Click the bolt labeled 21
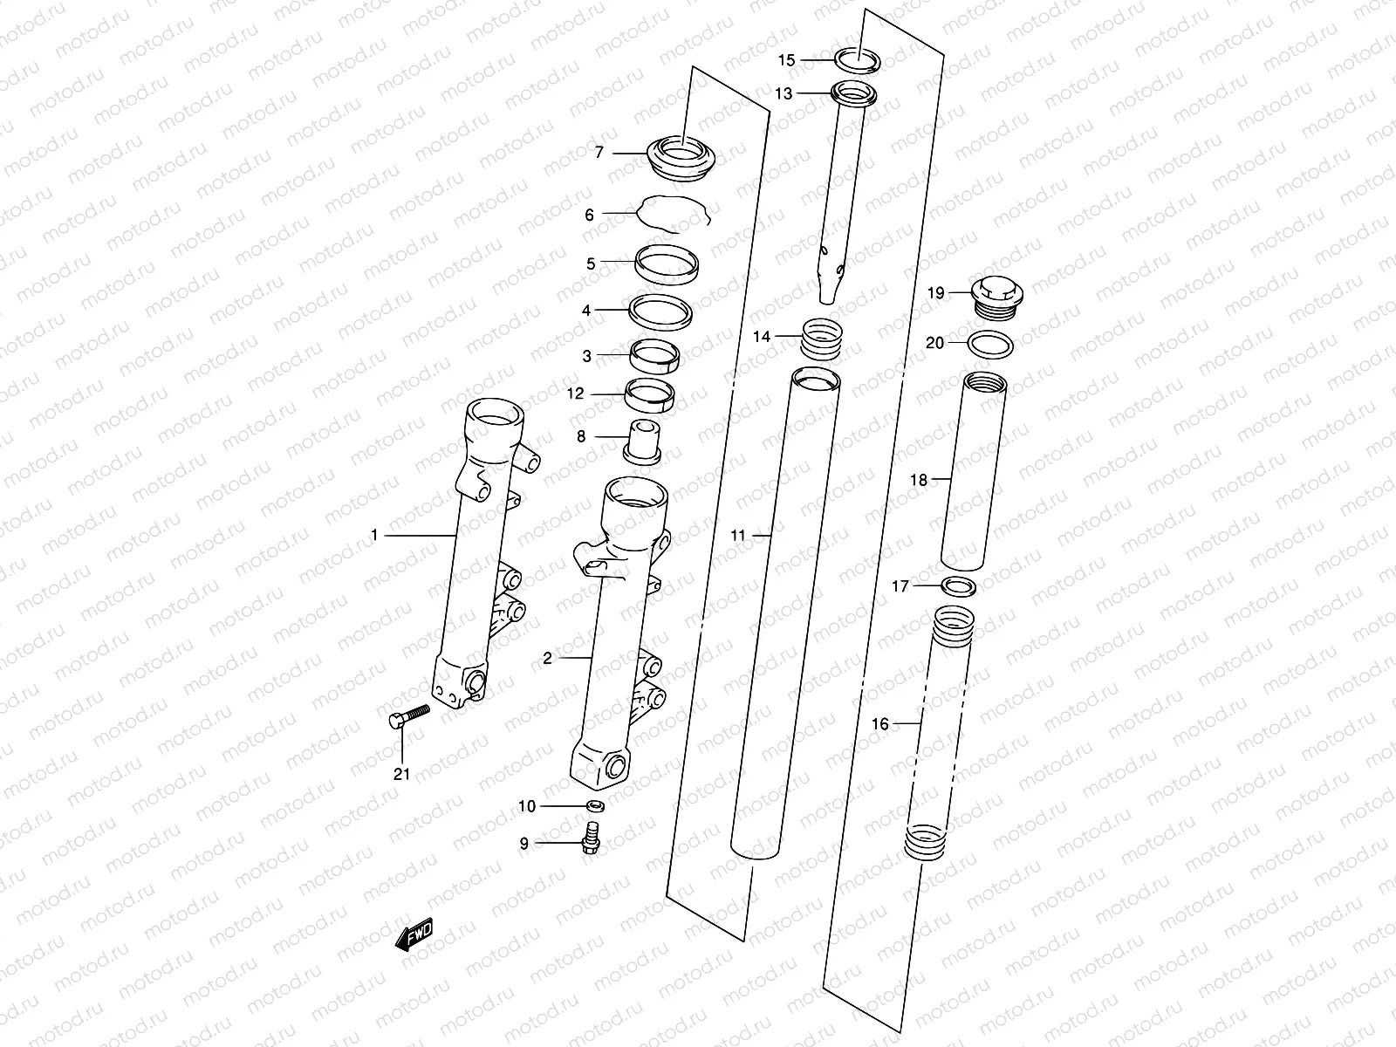(x=407, y=715)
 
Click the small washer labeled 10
(x=597, y=805)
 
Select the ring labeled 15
(x=858, y=61)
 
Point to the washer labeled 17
(x=959, y=585)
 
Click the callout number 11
(x=738, y=535)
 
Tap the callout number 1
(x=374, y=535)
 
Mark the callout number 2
(x=547, y=658)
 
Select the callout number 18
(x=918, y=479)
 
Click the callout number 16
(x=879, y=723)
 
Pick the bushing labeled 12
(x=652, y=397)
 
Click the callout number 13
(x=783, y=93)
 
